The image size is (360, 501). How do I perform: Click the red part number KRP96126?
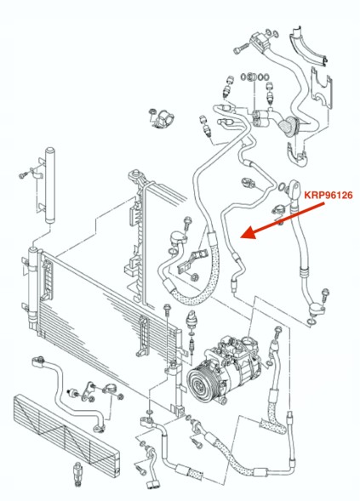tap(328, 195)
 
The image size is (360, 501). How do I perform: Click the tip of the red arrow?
tap(241, 237)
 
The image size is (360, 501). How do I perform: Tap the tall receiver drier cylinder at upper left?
tap(50, 185)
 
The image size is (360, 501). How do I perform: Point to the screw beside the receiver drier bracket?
tap(23, 175)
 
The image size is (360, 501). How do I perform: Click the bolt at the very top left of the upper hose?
tap(241, 48)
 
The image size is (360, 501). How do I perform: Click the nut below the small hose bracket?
tap(193, 276)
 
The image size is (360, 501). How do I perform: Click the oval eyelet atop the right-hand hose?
tap(294, 189)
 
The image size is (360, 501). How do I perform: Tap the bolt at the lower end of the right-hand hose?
tap(325, 294)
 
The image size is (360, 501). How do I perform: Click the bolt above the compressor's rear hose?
tap(277, 333)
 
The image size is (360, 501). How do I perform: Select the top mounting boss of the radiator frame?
tap(135, 175)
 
